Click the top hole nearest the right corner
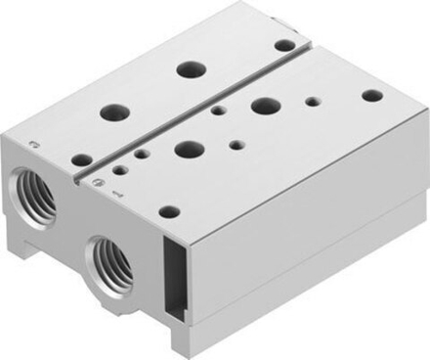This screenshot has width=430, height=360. pos(372,96)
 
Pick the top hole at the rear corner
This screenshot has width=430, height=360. pos(284,45)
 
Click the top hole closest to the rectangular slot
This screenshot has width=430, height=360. pos(170,211)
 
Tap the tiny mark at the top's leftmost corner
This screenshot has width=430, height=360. pos(35,146)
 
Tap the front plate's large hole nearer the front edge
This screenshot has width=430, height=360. pos(185,149)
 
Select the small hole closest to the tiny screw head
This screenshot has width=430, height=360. pos(119,169)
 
